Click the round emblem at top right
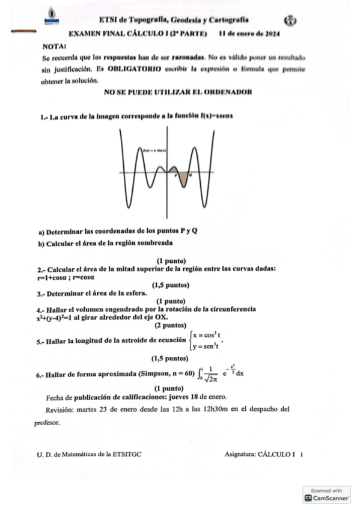tap(290, 20)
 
